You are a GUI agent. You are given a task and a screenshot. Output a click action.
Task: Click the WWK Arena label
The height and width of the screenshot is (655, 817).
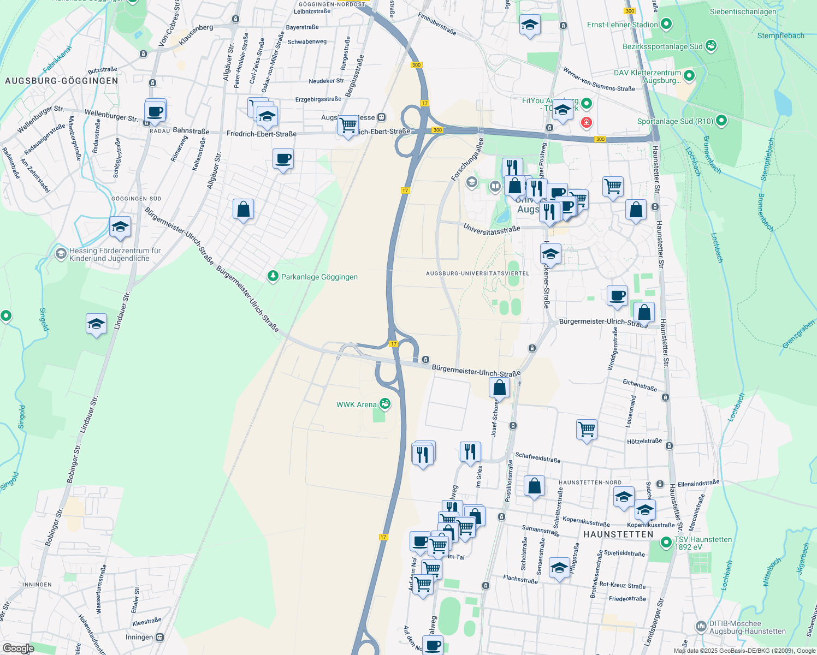point(357,404)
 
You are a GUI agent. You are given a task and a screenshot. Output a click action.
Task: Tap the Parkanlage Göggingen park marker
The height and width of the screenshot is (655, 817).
point(273,277)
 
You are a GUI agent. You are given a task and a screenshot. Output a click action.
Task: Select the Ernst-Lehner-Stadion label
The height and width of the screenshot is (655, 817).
point(623,25)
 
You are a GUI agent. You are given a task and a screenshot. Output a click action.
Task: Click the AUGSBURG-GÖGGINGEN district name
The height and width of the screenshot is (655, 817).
point(62,81)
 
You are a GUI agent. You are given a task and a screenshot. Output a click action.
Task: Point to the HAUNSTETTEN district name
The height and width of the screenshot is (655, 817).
point(618,534)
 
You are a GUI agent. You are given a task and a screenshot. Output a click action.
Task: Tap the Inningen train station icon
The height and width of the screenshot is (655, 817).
point(160,637)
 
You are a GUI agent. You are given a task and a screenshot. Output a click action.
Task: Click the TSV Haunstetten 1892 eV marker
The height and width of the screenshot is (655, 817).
point(666,543)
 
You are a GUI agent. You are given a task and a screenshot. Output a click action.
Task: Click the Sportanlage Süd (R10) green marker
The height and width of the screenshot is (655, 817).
point(721,121)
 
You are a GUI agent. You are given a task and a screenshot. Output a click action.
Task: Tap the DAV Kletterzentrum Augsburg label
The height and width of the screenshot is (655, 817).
point(647,76)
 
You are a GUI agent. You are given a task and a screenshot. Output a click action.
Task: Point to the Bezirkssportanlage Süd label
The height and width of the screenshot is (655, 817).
point(662,46)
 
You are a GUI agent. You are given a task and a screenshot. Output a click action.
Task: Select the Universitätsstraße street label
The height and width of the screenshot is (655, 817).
point(492,230)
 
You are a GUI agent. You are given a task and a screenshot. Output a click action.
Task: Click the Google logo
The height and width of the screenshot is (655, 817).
point(19,648)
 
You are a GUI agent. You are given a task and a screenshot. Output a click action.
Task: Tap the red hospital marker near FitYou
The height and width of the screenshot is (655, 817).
point(587,122)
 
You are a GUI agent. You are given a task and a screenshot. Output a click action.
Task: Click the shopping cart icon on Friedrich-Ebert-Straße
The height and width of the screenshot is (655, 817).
point(348,126)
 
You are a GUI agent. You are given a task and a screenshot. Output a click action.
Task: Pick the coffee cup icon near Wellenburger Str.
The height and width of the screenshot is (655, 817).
point(155,112)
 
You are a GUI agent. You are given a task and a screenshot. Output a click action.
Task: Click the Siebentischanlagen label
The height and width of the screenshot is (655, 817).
point(743,11)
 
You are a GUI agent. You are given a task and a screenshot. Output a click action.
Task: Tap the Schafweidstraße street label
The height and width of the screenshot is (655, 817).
point(538,457)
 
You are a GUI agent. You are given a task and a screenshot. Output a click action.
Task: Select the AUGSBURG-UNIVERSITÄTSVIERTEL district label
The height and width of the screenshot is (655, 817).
point(478,273)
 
